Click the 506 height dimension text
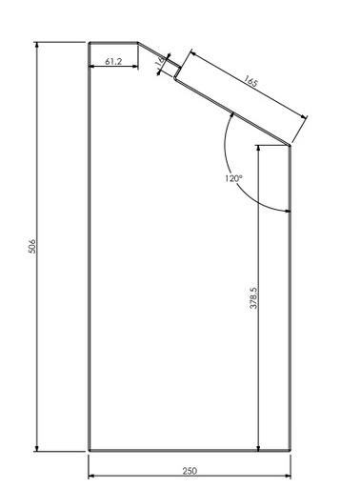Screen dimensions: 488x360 point(32,246)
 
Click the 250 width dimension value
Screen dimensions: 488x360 point(190,472)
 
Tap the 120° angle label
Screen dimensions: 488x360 point(233,178)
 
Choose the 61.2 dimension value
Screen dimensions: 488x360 point(112,61)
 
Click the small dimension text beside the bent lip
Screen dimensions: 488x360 point(159,64)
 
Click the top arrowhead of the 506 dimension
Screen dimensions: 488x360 point(38,46)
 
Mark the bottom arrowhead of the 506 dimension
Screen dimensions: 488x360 point(38,447)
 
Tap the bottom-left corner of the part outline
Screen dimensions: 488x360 point(89,451)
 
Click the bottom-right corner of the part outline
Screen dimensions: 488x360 point(290,451)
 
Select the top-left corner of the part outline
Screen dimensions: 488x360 point(89,43)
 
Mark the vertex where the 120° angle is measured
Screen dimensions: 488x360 point(290,145)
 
